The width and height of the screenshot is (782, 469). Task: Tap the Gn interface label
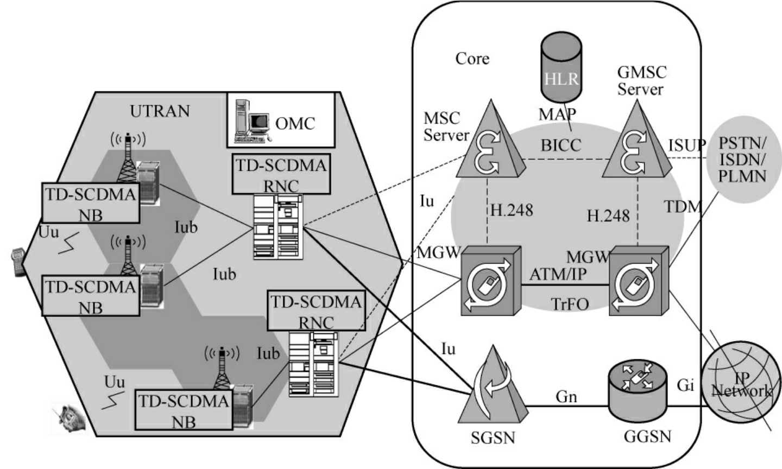pos(566,397)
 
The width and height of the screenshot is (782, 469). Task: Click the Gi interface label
pos(685,385)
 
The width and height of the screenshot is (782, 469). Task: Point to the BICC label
pos(560,145)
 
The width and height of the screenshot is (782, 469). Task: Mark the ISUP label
pos(686,145)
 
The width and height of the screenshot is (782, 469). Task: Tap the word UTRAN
pos(160,111)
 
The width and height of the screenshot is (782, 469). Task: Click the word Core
pos(472,59)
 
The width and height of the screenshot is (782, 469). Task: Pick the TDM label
pos(683,206)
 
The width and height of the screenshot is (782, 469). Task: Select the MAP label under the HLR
pos(557,114)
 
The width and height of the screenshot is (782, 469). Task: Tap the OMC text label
pos(295,123)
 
